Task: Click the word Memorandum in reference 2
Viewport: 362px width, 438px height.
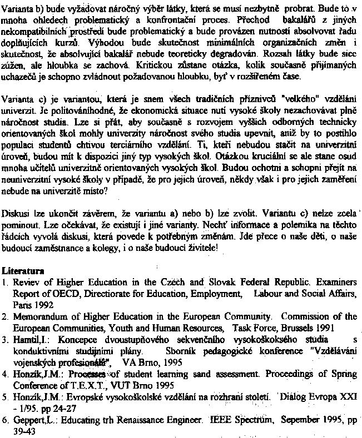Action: point(40,317)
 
